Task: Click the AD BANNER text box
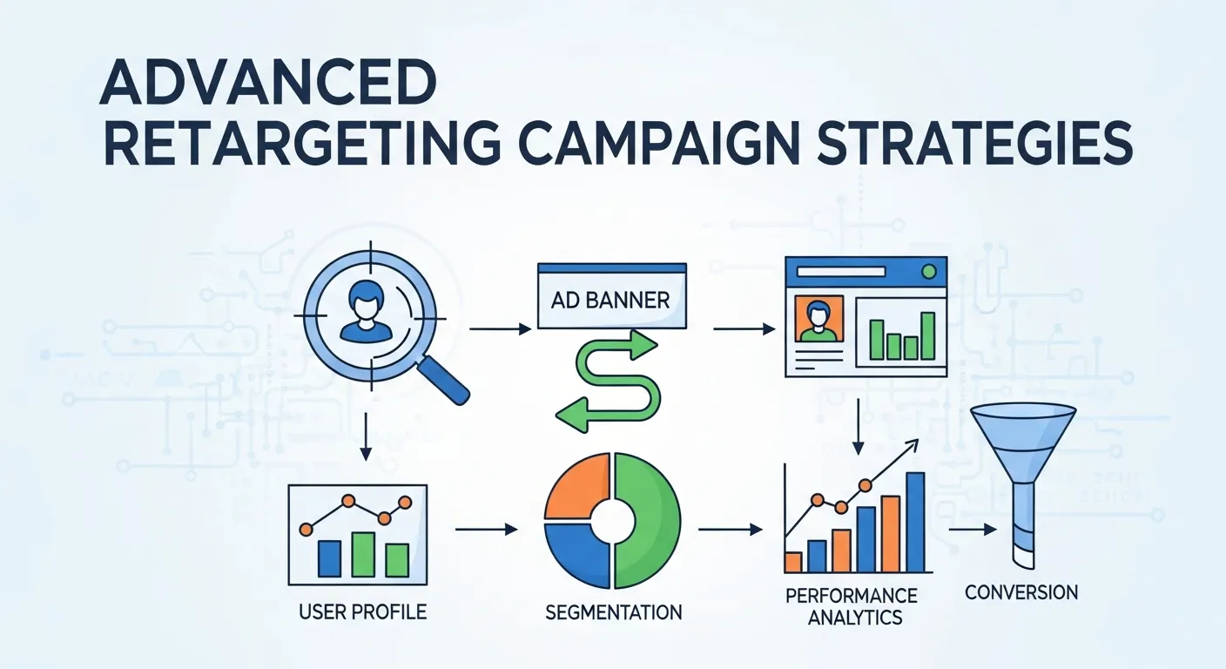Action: [x=610, y=301]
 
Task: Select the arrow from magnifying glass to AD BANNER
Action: [x=500, y=328]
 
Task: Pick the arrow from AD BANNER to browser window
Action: [x=744, y=328]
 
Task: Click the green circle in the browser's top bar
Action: [x=928, y=272]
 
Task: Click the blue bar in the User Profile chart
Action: [x=329, y=557]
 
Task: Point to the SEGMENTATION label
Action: [x=613, y=612]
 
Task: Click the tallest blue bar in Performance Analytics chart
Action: [x=914, y=522]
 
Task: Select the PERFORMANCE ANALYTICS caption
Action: [x=851, y=606]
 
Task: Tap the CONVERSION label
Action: [x=1021, y=592]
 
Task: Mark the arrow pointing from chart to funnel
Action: [x=972, y=529]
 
